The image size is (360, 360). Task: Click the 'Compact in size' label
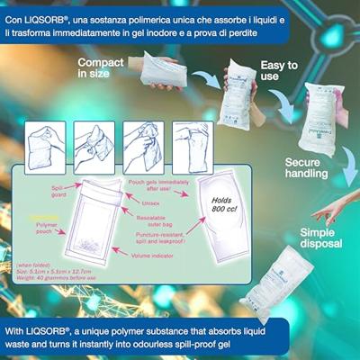pos(100,68)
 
